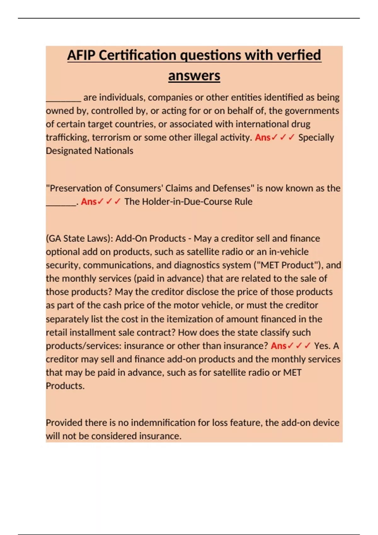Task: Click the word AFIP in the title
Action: [x=81, y=55]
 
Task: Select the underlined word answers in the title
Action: [x=194, y=76]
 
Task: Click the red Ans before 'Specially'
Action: [x=262, y=138]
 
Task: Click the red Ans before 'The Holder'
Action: [x=89, y=202]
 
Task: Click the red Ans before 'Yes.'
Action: [x=278, y=346]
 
